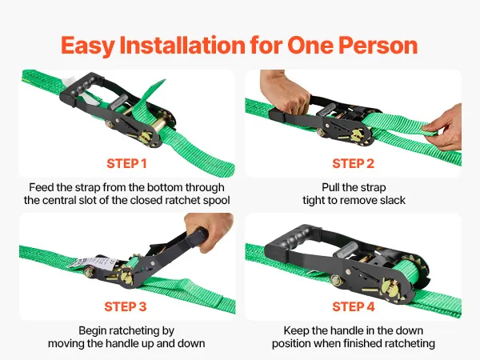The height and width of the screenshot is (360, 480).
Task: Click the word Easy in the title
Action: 87,46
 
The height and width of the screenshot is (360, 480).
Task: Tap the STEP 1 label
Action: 126,163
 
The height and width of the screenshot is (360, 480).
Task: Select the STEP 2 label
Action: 354,163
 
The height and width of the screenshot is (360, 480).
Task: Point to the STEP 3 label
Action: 126,306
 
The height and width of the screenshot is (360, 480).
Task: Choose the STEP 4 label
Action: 354,306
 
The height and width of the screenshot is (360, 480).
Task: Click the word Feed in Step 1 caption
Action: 40,187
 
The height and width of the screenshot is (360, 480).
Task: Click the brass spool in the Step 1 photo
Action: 159,126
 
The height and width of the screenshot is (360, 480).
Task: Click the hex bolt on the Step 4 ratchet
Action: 336,280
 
